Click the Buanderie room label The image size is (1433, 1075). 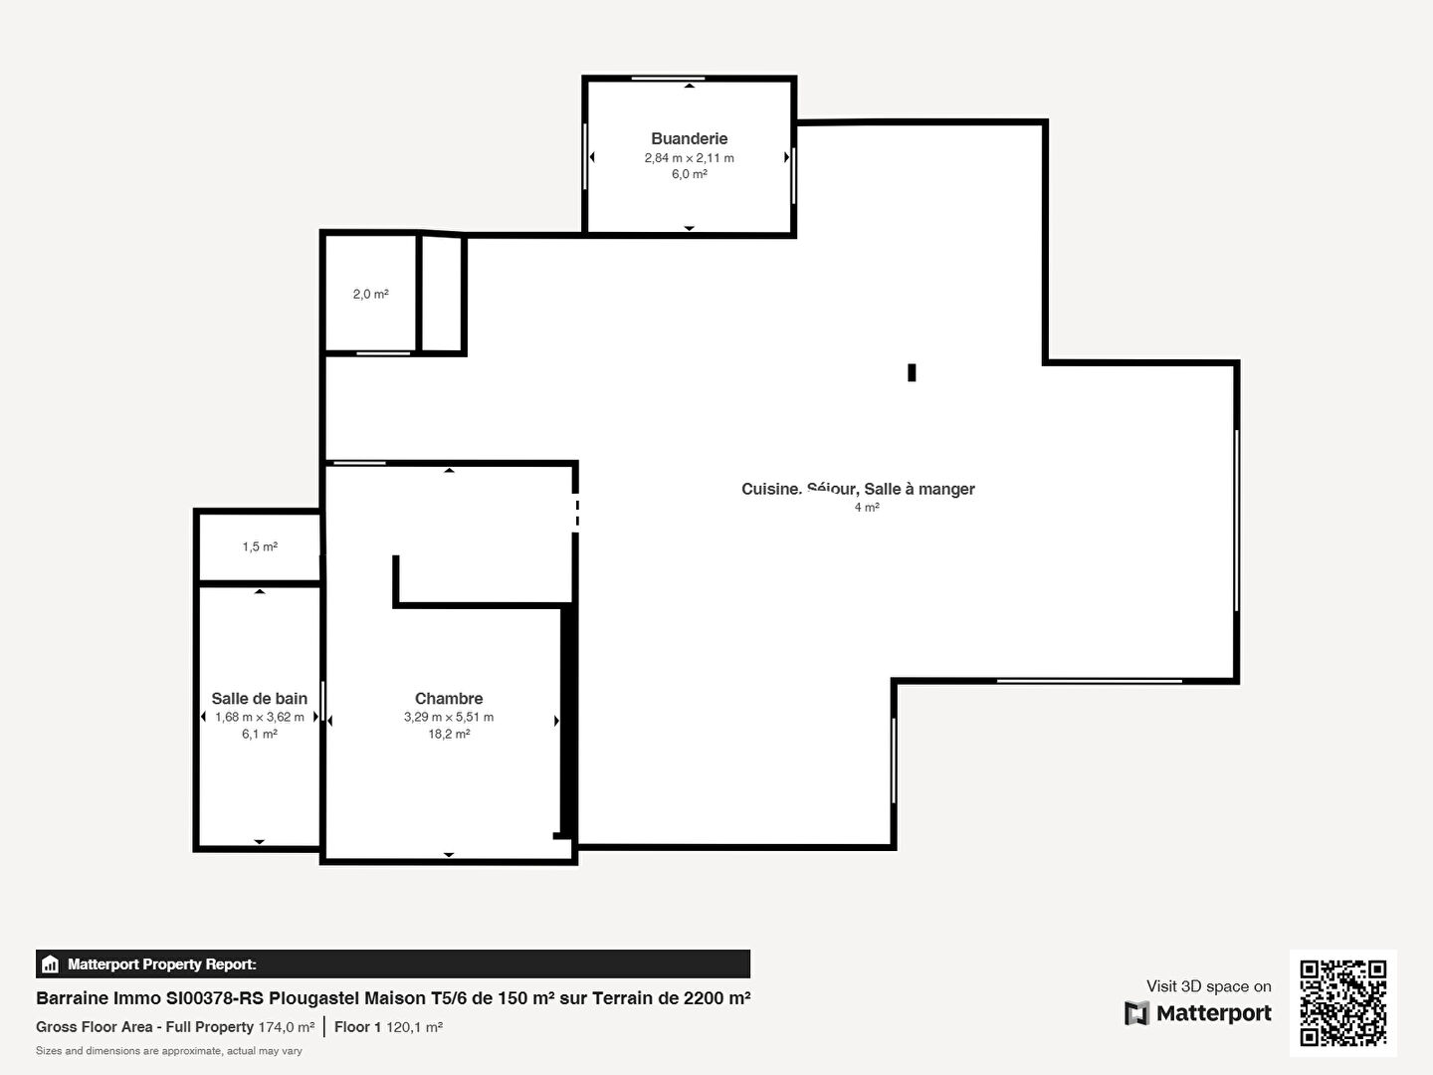coord(689,138)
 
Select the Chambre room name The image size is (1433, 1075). coord(449,699)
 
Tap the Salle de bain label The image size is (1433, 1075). coord(259,699)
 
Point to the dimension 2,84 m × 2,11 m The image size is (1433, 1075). coord(689,158)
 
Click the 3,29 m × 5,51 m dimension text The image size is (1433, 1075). coord(449,717)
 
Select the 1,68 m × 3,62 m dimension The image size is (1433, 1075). coord(259,717)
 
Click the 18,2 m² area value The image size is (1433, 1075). coord(449,734)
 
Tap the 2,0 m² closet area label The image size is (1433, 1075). coord(371,294)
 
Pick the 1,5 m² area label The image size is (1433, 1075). coord(260,546)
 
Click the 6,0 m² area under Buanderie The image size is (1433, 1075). coord(690,173)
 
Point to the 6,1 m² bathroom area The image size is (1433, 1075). coord(259,734)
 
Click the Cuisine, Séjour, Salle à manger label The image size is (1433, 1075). coord(858,489)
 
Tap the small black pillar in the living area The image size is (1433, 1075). coord(912,372)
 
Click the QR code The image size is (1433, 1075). coord(1342,1002)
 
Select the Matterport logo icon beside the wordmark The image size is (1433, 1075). coord(1136,1013)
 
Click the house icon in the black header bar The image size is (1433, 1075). coord(50,965)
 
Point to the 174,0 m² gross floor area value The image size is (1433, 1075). coord(286,1026)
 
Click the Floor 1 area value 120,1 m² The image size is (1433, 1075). coord(415,1026)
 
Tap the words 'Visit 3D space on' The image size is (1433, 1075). coord(1208,986)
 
